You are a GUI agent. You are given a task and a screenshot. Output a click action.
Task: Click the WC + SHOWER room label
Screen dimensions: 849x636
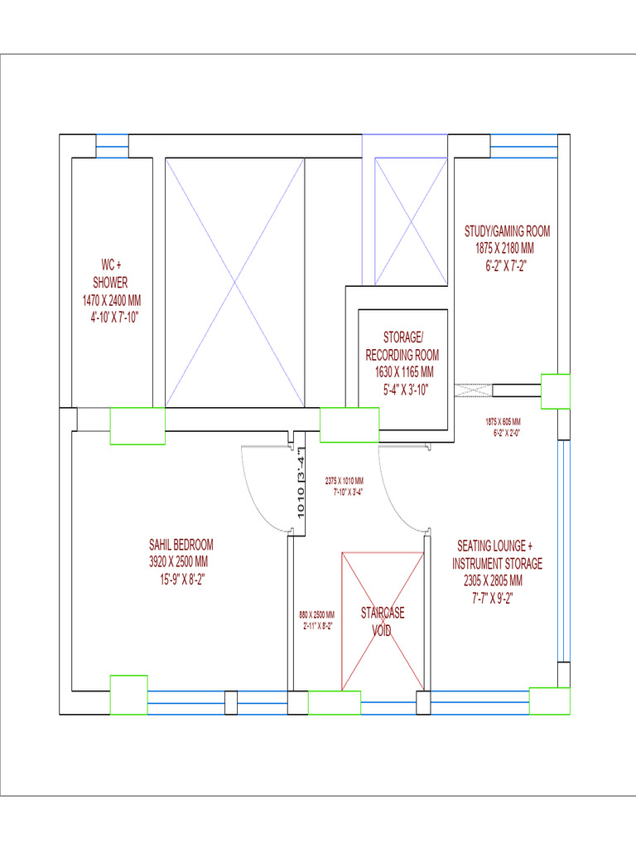coord(111,274)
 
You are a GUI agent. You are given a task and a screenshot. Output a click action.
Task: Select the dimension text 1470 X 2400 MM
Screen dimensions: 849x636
coord(111,301)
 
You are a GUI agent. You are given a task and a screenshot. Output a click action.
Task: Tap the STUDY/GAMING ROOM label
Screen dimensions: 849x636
coord(507,231)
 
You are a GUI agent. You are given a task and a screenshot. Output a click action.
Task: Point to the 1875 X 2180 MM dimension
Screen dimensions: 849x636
coord(504,249)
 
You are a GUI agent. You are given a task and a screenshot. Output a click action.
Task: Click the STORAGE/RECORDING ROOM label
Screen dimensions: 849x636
coord(402,346)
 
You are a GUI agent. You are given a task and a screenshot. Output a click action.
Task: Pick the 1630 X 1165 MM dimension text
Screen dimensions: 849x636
coord(403,372)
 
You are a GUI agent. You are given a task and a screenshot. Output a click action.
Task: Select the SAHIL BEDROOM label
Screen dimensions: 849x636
coord(181,545)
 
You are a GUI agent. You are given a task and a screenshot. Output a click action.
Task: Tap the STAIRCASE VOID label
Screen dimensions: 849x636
coord(383,622)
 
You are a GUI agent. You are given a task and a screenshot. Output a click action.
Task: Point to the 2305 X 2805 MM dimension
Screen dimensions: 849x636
coord(494,580)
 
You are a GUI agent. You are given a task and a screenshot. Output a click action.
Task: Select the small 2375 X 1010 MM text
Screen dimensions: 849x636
coord(344,481)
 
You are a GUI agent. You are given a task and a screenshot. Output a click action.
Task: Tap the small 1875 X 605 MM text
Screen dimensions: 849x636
coord(503,421)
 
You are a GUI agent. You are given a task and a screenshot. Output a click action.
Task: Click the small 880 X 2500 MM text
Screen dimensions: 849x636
coord(316,615)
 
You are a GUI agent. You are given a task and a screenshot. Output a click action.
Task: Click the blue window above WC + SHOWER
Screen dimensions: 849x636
coord(112,146)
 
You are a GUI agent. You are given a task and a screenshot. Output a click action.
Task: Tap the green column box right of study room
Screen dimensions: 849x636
coord(556,391)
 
